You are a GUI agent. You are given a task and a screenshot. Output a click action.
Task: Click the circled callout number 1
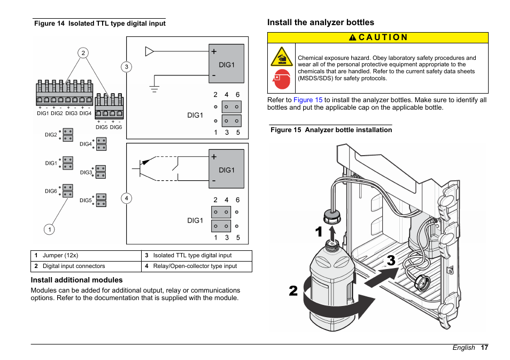click(x=49, y=229)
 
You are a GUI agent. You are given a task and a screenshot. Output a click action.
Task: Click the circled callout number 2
click(x=83, y=52)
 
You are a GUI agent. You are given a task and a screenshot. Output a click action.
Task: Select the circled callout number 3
click(x=126, y=67)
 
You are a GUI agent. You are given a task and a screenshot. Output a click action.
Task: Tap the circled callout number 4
click(x=127, y=198)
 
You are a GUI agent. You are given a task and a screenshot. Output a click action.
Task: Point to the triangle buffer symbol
click(x=150, y=51)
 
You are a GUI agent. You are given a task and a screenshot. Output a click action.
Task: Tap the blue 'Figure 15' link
click(x=307, y=100)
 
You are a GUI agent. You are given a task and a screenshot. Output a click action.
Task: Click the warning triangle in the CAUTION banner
click(x=353, y=37)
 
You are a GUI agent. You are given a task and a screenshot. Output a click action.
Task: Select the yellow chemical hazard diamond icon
click(x=281, y=57)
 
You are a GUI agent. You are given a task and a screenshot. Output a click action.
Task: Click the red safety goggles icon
click(x=281, y=79)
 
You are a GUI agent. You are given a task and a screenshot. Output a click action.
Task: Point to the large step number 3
click(x=391, y=261)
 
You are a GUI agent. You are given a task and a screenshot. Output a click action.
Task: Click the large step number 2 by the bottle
click(x=293, y=291)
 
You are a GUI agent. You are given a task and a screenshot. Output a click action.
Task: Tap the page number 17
click(x=484, y=348)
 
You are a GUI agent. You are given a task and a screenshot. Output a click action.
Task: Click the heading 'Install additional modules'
click(x=76, y=280)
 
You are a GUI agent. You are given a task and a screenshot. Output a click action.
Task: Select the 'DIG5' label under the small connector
click(x=102, y=127)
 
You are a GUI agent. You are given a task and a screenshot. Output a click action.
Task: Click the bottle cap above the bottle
click(x=333, y=217)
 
